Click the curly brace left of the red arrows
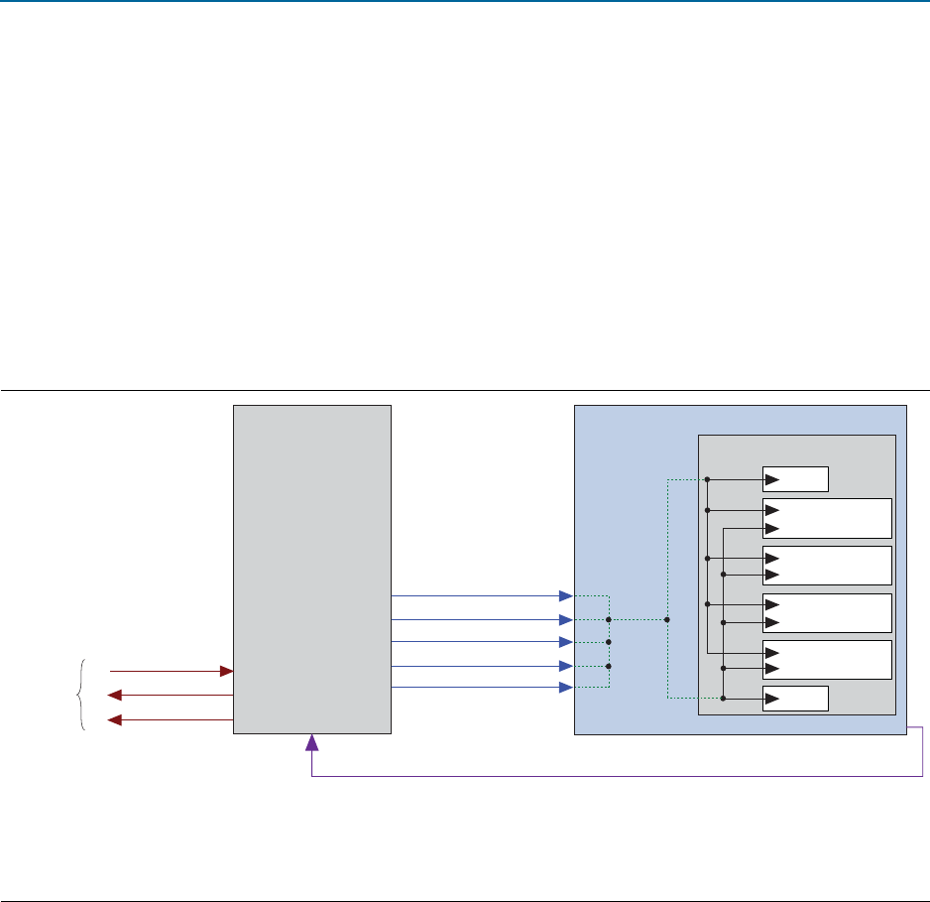click(81, 695)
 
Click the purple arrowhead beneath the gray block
click(312, 742)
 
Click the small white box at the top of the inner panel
click(795, 479)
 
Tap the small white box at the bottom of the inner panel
click(795, 699)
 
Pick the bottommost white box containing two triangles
click(827, 660)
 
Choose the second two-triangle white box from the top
click(827, 566)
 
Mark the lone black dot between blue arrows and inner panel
click(667, 619)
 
